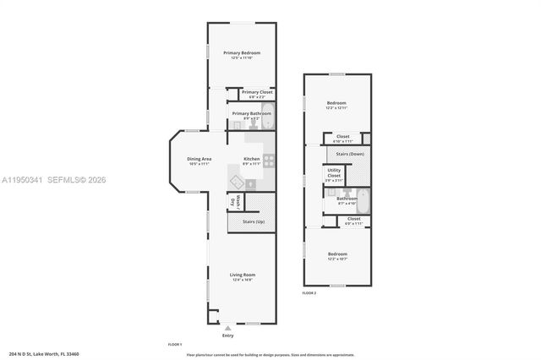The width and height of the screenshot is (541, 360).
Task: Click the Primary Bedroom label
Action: [x=242, y=53]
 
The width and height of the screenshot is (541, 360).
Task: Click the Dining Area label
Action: [x=199, y=159]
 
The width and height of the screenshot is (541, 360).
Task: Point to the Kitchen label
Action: [x=251, y=159]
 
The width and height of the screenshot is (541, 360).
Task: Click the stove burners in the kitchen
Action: [x=269, y=161]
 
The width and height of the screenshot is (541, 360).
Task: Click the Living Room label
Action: [x=243, y=275]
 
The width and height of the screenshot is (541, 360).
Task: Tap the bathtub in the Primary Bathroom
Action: [x=266, y=120]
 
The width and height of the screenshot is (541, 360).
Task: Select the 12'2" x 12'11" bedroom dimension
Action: [x=337, y=109]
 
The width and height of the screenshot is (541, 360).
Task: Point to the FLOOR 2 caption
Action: [x=309, y=293]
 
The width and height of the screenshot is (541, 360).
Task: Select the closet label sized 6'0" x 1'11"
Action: [x=352, y=222]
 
